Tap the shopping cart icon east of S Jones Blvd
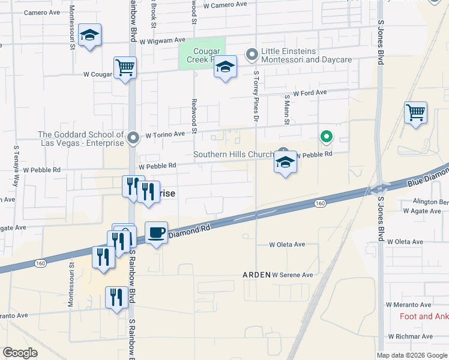pyautogui.click(x=415, y=112)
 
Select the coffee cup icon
pyautogui.click(x=156, y=232)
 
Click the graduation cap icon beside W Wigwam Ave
pyautogui.click(x=89, y=35)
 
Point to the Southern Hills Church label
pyautogui.click(x=234, y=155)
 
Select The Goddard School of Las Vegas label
pyautogui.click(x=80, y=139)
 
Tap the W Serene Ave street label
pyautogui.click(x=292, y=275)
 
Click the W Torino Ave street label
pyautogui.click(x=164, y=135)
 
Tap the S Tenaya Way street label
pyautogui.click(x=16, y=161)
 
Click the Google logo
pyautogui.click(x=20, y=353)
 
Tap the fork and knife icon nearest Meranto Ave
pyautogui.click(x=115, y=298)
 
